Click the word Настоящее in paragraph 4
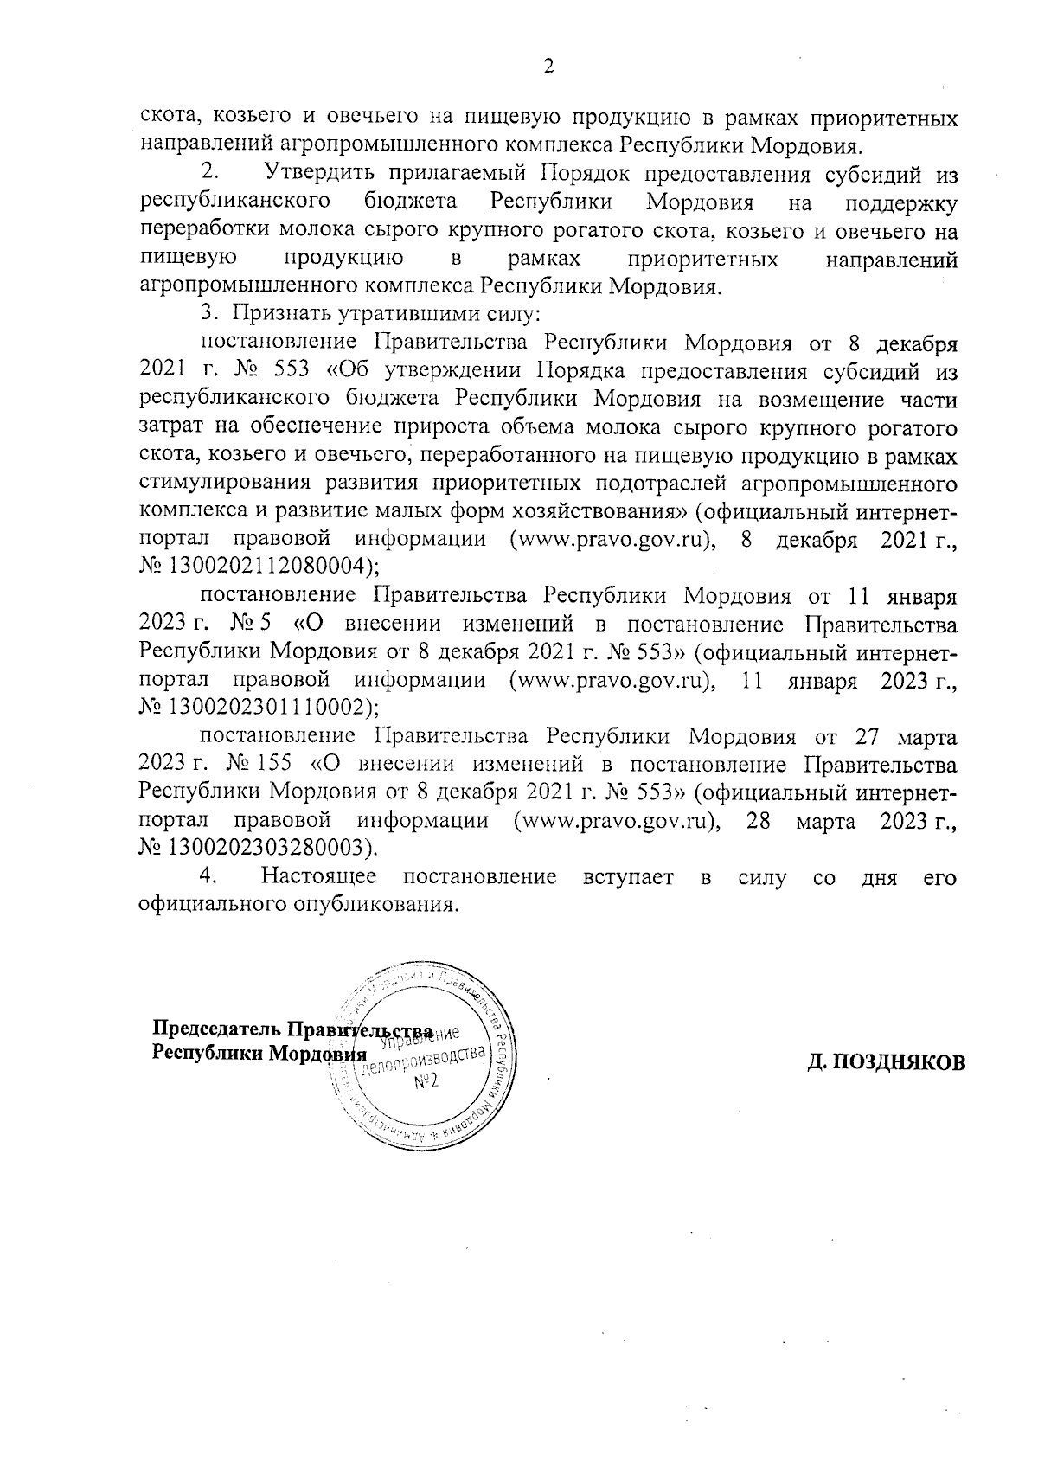point(318,877)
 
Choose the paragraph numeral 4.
point(207,877)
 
